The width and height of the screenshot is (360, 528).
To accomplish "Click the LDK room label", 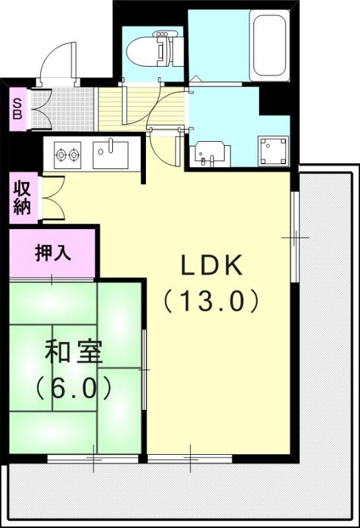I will click(213, 266).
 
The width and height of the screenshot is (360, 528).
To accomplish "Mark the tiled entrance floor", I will click(65, 107).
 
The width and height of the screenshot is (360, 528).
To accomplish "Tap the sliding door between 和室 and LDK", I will click(144, 370).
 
